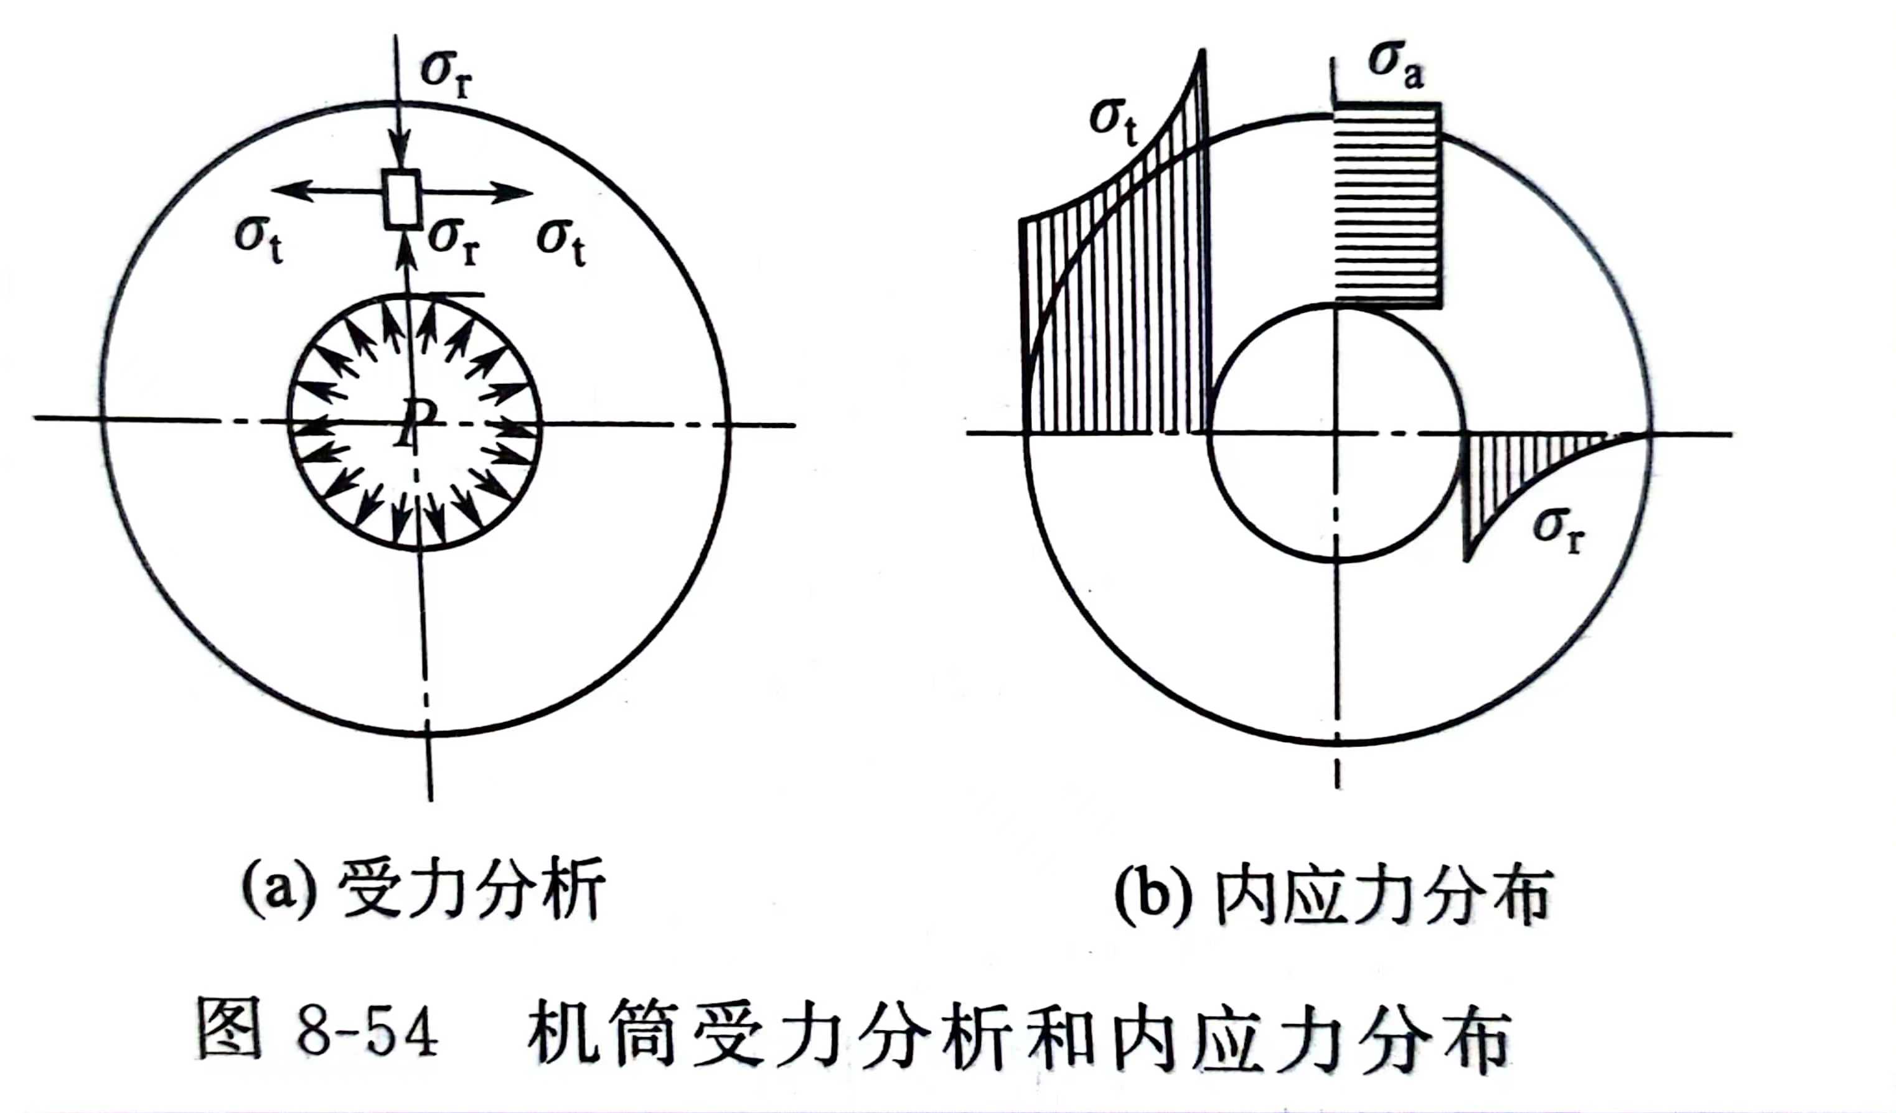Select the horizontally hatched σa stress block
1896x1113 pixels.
point(1389,205)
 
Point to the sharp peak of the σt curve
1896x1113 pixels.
point(1203,51)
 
